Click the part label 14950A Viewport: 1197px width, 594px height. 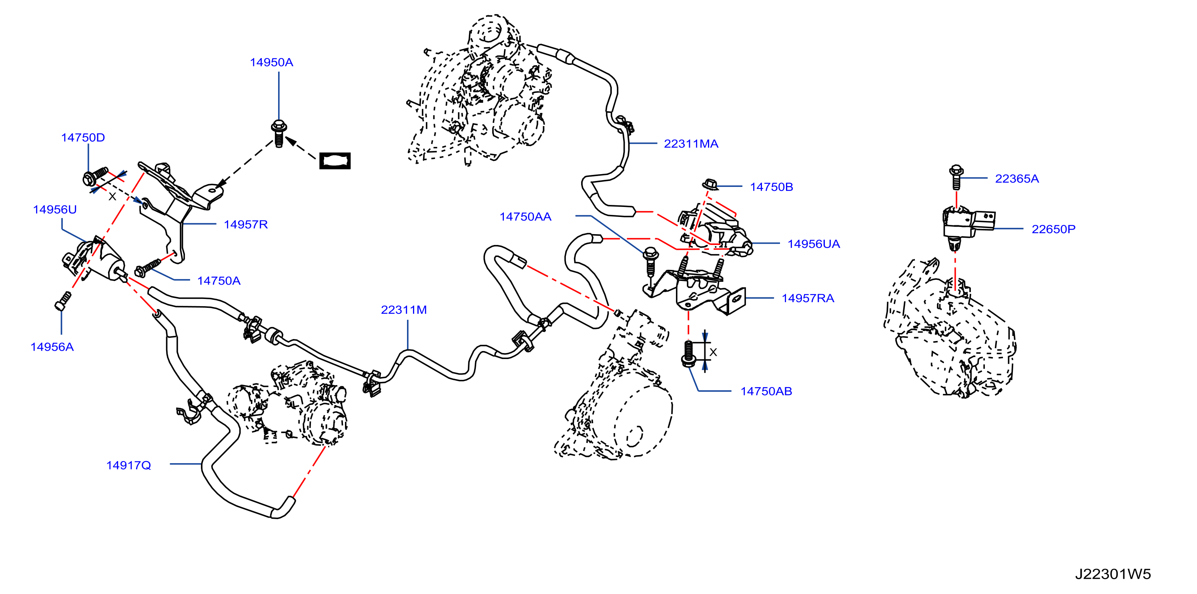(x=271, y=62)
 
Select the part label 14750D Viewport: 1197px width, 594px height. (x=83, y=138)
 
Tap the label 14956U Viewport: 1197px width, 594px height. (x=55, y=210)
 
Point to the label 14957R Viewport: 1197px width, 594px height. (x=246, y=225)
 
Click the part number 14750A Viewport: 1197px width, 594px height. (x=219, y=281)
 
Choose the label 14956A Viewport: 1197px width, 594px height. (x=52, y=347)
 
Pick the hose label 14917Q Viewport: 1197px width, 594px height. (x=129, y=465)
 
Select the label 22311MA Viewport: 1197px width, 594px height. (x=691, y=144)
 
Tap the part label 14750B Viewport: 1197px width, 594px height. (x=771, y=187)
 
